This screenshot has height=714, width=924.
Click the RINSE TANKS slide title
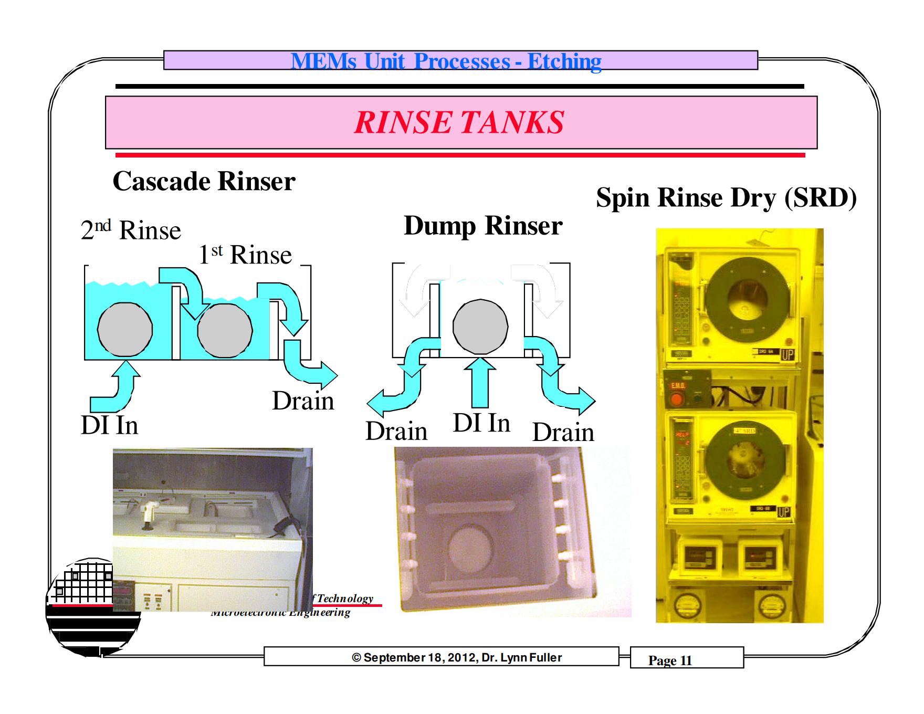pos(459,122)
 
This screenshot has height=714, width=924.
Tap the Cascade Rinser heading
pos(204,182)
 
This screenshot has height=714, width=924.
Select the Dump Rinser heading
pos(483,226)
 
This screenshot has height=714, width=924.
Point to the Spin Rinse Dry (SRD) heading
pos(726,198)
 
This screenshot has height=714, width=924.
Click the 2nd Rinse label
pos(131,230)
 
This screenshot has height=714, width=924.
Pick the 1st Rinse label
pos(245,255)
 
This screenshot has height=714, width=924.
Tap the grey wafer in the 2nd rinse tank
pos(125,330)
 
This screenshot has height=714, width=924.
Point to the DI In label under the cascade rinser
pos(110,425)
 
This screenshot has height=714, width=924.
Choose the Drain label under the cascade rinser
pos(303,401)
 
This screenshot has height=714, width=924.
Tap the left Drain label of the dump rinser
pos(396,432)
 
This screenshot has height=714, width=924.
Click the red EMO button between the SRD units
pos(676,400)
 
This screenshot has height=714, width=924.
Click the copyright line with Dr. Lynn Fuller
pos(457,658)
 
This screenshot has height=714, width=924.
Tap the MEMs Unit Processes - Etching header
pos(446,61)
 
